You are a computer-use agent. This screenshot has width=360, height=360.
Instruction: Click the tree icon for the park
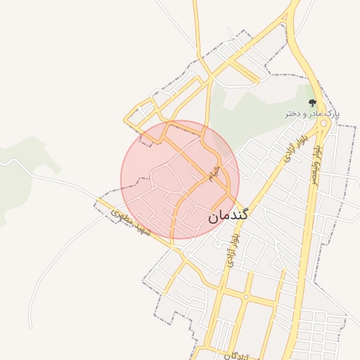[312, 103]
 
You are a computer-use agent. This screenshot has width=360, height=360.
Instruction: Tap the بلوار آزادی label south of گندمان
[230, 250]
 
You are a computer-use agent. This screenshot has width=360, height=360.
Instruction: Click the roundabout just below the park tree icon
[323, 124]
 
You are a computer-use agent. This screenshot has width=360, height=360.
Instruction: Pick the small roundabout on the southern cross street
[245, 297]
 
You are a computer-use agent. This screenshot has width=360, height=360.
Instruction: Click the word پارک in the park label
[333, 113]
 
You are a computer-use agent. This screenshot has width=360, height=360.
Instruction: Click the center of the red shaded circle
[180, 179]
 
